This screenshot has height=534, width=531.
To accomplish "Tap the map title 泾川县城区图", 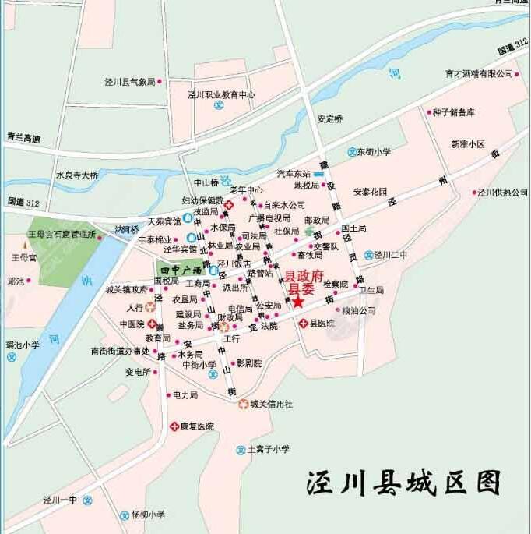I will [403, 483].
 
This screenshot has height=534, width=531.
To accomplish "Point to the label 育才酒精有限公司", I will [479, 73].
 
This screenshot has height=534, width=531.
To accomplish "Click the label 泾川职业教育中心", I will [221, 94].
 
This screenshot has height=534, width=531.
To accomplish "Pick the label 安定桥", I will [330, 119].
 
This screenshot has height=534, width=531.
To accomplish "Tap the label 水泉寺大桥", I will [77, 175].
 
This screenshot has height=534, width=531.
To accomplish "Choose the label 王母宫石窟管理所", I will [62, 233].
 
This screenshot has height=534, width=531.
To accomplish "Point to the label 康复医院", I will [196, 426].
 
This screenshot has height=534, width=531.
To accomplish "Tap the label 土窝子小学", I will [268, 449].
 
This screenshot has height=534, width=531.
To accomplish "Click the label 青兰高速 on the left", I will [23, 138].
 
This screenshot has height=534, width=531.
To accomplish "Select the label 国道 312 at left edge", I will [23, 201].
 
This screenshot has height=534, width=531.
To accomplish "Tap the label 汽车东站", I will [294, 173].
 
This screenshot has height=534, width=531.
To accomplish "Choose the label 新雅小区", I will [467, 144].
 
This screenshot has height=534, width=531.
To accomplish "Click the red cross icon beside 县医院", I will [304, 323].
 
